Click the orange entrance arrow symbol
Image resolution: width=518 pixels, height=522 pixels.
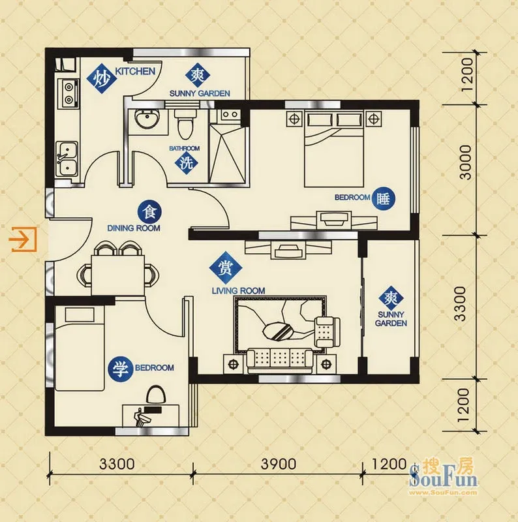tap(23, 239)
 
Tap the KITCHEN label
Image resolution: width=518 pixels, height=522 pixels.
tap(135, 71)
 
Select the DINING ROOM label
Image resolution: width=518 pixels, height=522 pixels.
tap(134, 228)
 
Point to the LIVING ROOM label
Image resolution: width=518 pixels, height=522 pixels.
tap(238, 290)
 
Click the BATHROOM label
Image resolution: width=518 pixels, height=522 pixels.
tap(185, 148)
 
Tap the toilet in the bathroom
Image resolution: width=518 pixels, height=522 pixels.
tap(185, 124)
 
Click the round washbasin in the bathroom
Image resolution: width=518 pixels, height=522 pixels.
tap(147, 119)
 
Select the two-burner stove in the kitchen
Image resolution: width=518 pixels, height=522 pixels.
tap(69, 93)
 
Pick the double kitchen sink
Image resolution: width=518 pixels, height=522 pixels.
tap(67, 159)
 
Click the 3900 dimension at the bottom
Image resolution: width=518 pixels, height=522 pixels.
tap(279, 464)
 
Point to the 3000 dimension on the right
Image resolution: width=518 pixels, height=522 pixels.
tap(466, 162)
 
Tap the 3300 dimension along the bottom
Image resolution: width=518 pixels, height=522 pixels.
tap(117, 464)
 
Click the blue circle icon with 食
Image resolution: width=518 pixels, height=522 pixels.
tap(149, 212)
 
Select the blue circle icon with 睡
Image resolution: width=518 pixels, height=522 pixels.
tap(383, 199)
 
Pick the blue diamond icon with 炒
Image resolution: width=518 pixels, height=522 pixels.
tap(101, 80)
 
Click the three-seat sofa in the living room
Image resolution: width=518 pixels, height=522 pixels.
tap(280, 361)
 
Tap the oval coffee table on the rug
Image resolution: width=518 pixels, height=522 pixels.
tap(278, 331)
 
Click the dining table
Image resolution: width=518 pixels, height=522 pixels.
tap(117, 275)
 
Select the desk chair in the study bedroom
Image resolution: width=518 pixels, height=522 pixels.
tap(156, 395)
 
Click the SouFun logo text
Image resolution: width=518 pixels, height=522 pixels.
tap(444, 480)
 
